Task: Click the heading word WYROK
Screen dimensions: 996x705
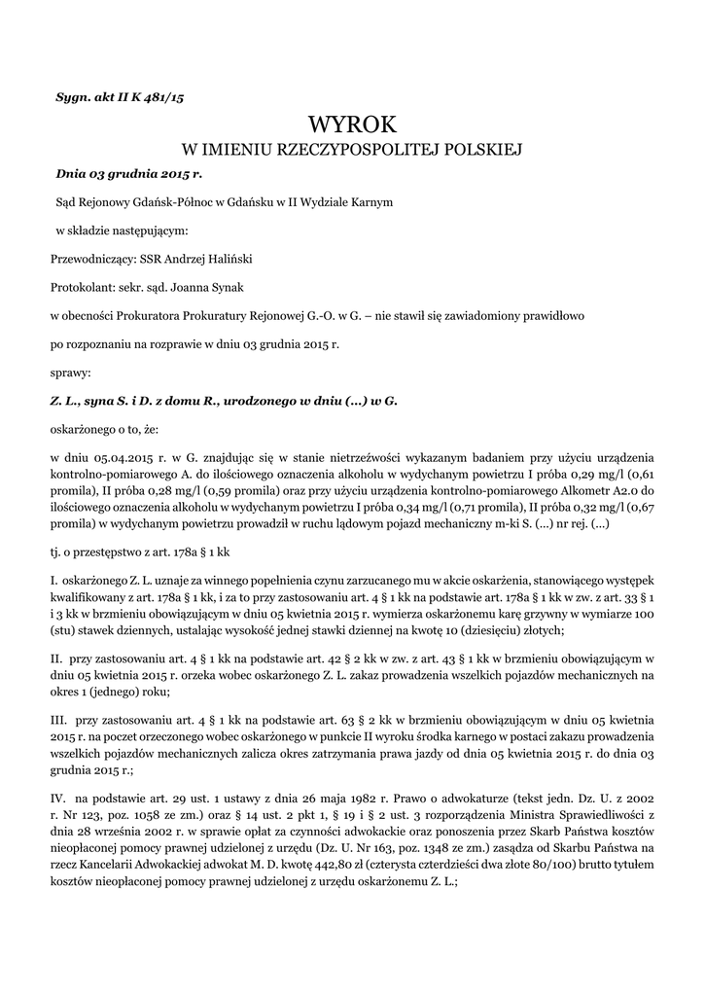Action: pyautogui.click(x=352, y=124)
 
